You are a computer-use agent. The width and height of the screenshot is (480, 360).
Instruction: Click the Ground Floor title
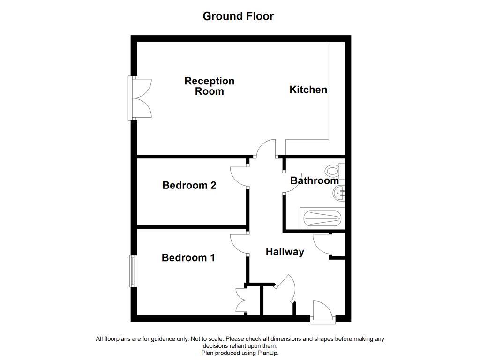[238, 16]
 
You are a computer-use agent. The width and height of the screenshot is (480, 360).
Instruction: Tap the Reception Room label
[209, 86]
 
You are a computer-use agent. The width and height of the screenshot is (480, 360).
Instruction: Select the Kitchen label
[308, 90]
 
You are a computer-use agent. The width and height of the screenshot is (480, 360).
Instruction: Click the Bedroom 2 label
[189, 185]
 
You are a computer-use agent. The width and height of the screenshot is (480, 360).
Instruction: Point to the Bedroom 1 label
[188, 257]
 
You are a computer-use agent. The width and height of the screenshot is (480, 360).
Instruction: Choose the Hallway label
[285, 252]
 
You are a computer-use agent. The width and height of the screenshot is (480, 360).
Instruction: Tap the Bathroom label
[314, 180]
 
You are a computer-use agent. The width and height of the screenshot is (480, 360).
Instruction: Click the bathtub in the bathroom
[322, 218]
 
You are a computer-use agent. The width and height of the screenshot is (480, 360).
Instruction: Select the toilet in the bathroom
[334, 170]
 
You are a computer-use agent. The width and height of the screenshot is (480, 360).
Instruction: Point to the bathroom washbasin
[339, 192]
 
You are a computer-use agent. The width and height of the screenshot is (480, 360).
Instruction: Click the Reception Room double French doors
[141, 98]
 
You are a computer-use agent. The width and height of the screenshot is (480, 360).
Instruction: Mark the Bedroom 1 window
[133, 271]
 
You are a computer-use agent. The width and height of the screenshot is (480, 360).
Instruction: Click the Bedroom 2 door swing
[239, 177]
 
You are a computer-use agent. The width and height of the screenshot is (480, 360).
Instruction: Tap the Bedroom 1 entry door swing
[239, 244]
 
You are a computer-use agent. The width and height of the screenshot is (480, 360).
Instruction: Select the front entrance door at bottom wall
[322, 310]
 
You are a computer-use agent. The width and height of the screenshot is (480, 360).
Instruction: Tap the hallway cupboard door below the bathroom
[322, 244]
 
